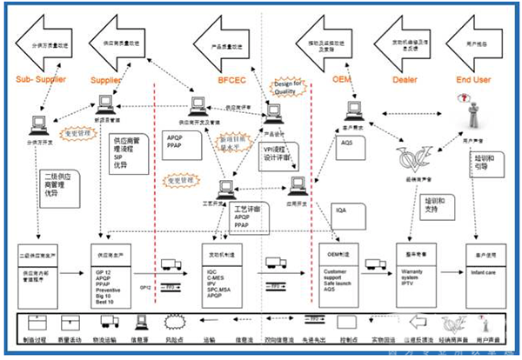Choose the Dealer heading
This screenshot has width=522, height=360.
pos(400,80)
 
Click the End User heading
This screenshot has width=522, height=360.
pos(474,80)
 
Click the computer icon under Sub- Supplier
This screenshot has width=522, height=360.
pos(39,123)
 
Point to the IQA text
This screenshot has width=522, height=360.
pos(341,210)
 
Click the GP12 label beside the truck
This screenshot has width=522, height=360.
pos(146,262)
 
